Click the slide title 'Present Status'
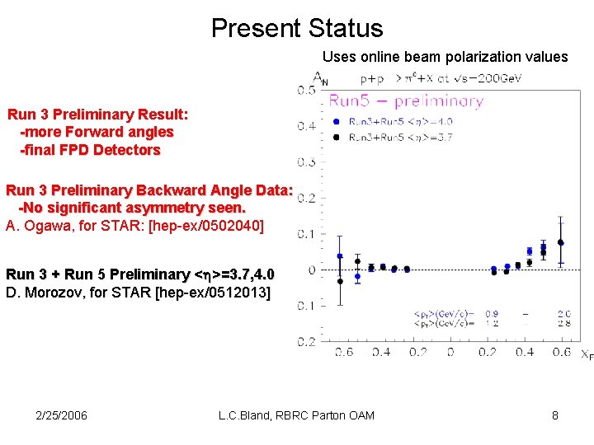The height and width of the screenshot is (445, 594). [297, 28]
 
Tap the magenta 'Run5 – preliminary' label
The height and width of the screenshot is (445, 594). [406, 101]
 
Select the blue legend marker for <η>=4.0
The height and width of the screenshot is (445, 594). [337, 121]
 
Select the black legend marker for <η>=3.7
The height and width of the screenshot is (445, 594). [337, 137]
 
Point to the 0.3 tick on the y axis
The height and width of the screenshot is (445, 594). [305, 162]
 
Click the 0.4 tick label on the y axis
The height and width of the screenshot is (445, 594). [305, 126]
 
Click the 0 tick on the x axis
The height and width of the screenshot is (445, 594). [450, 353]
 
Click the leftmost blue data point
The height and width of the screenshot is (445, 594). [340, 256]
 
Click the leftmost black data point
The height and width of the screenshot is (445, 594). [340, 281]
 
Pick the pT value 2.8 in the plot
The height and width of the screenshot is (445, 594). [563, 324]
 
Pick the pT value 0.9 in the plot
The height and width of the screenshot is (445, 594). [492, 314]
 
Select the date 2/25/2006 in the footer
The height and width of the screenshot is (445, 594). [63, 415]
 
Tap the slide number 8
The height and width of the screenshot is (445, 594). [555, 415]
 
